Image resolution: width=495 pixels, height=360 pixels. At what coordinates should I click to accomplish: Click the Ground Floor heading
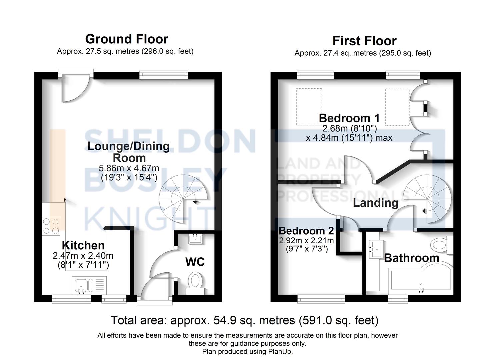point(127,39)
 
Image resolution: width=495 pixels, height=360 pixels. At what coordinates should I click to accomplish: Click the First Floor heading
point(364,41)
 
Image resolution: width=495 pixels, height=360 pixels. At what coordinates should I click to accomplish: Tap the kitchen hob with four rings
point(51,226)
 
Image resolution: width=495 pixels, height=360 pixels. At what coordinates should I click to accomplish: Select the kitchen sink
point(81,285)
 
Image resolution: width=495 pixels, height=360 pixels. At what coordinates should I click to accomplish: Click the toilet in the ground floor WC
point(195,282)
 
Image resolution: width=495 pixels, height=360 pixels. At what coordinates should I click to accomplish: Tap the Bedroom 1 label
point(349,118)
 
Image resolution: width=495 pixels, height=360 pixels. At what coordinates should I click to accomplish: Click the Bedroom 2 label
point(306,231)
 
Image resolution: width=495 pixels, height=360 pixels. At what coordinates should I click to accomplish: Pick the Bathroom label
point(411,258)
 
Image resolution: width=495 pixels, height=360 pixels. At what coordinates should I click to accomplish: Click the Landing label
point(375,203)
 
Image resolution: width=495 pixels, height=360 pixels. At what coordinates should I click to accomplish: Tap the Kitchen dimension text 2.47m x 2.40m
point(83,256)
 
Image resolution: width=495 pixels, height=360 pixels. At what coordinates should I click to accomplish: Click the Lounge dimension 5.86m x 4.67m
point(129,168)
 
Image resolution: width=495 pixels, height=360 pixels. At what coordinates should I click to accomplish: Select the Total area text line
point(244,320)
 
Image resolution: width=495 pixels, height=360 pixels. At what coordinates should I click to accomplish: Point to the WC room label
point(195,262)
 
